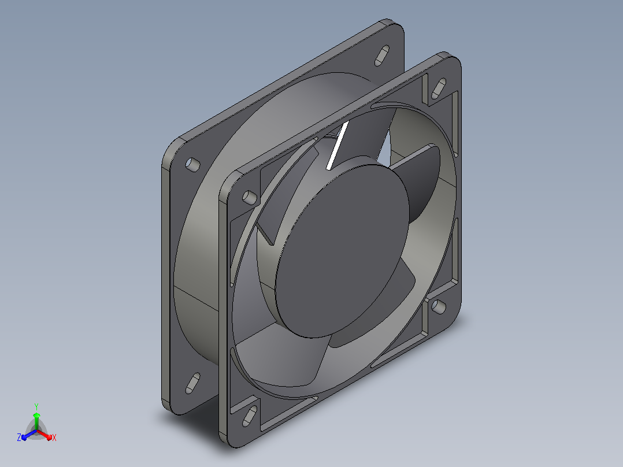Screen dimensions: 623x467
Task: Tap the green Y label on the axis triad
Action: (x=36, y=406)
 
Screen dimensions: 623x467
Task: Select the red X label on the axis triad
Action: (x=54, y=438)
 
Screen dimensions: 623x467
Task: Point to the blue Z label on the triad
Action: (x=19, y=437)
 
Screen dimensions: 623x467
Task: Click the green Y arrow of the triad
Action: (x=36, y=421)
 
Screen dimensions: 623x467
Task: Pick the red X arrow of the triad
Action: (x=44, y=435)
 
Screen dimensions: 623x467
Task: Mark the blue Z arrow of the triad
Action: (x=29, y=435)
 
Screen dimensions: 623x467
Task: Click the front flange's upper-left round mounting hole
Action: (x=250, y=198)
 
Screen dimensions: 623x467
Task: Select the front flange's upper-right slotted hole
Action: (x=438, y=88)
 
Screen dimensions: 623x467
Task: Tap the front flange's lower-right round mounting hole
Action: (x=438, y=306)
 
